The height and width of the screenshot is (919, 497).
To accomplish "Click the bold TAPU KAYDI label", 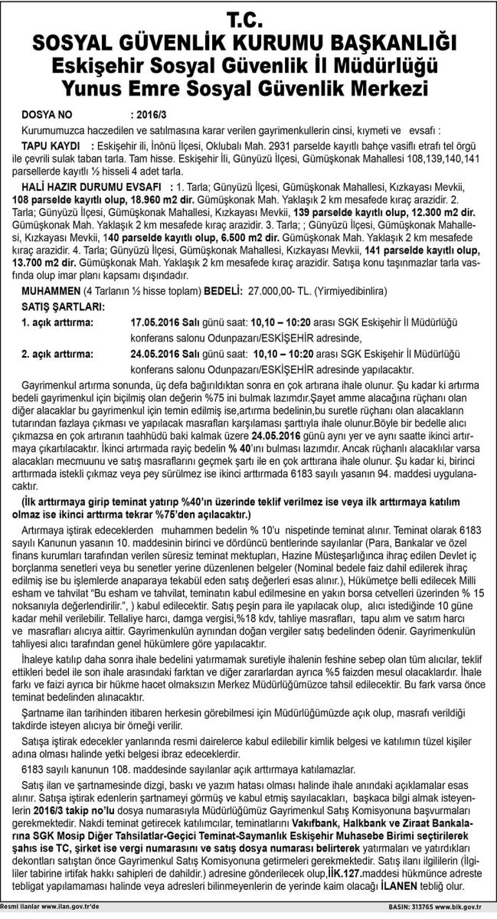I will pyautogui.click(x=53, y=144).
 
